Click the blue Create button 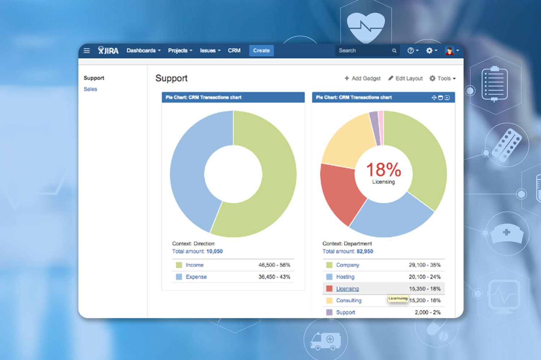(261, 50)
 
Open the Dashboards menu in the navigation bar (143, 50)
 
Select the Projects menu (180, 50)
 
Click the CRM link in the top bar (234, 50)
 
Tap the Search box (364, 50)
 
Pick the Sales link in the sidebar (90, 89)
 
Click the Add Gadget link (362, 78)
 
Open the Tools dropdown (443, 78)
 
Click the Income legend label (194, 265)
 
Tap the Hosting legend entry (345, 277)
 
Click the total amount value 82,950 (365, 251)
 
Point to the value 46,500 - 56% (274, 265)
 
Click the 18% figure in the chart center (383, 169)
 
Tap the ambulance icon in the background (325, 341)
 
